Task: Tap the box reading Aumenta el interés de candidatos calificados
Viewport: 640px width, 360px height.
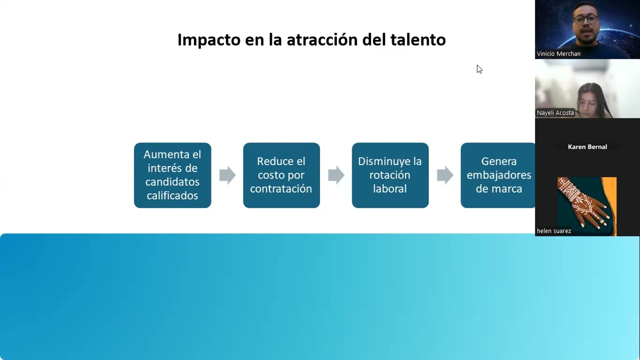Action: [172, 175]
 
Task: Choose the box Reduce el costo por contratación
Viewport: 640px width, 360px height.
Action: [281, 175]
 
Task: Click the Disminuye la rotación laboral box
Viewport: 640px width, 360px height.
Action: [390, 175]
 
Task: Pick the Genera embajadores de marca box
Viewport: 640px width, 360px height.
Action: [498, 175]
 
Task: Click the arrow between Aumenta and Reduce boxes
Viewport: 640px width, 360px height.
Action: [227, 175]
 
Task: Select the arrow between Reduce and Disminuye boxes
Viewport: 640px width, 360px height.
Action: [336, 175]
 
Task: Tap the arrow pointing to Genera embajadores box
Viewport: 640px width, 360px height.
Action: [444, 175]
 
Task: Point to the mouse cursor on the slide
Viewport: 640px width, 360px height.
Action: [479, 69]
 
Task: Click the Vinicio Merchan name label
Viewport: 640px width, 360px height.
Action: [558, 53]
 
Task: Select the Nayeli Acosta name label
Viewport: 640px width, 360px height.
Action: [555, 113]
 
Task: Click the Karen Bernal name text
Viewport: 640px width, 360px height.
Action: [587, 147]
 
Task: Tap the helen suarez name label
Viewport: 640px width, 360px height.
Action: [553, 231]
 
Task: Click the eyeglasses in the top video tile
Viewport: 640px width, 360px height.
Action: [585, 19]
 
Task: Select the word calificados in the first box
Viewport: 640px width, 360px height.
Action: [172, 195]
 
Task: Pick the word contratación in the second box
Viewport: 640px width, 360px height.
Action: [281, 189]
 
